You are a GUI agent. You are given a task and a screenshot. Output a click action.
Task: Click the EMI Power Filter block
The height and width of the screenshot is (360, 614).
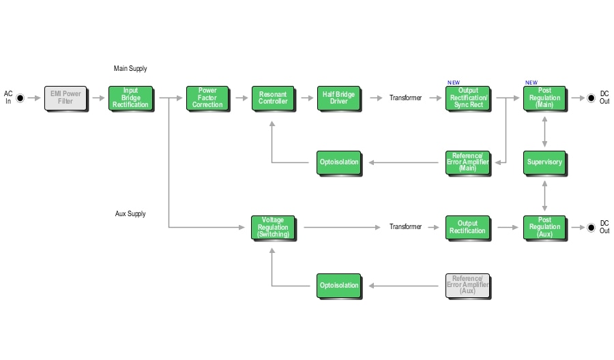click(65, 98)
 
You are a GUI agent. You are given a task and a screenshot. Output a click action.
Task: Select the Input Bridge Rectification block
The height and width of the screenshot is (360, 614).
click(130, 98)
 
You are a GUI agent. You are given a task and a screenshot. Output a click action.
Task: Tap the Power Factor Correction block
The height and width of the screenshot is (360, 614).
click(207, 98)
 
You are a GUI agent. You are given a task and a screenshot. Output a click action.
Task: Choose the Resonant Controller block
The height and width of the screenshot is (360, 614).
click(273, 98)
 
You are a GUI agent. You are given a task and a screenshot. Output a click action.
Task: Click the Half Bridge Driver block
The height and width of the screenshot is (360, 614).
click(338, 98)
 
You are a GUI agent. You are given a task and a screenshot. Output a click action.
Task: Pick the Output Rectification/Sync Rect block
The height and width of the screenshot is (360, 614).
click(468, 98)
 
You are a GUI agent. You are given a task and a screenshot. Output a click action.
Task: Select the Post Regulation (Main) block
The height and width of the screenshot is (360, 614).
click(544, 98)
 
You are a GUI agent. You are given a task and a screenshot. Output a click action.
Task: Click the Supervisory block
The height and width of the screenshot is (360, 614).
click(544, 162)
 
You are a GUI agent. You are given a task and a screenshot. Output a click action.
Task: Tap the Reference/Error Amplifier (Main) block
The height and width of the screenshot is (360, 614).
click(468, 162)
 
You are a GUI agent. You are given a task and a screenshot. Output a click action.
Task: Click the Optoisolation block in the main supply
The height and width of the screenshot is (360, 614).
click(338, 162)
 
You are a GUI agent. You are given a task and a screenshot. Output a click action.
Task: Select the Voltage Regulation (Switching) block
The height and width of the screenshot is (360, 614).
click(273, 227)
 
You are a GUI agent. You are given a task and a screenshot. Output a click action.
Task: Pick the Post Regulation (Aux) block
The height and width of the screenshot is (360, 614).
click(544, 227)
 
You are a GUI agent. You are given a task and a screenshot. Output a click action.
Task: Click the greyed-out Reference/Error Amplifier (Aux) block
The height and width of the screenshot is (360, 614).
click(468, 286)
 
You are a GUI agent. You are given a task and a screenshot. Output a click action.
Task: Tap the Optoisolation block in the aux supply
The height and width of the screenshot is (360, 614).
click(338, 286)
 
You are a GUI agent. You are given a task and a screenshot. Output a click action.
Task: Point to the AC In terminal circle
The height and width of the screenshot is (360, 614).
click(20, 98)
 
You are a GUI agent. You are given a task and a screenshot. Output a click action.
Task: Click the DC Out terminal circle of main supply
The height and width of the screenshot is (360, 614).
click(591, 98)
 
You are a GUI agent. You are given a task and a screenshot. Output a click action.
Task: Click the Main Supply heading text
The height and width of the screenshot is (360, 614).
click(130, 69)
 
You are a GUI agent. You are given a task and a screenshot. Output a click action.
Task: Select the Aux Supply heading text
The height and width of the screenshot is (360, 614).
click(130, 214)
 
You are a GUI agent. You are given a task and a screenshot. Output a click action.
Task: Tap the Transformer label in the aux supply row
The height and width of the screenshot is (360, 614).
click(405, 227)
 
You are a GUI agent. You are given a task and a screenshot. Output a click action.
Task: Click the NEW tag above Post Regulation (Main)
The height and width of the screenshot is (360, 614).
click(531, 82)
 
